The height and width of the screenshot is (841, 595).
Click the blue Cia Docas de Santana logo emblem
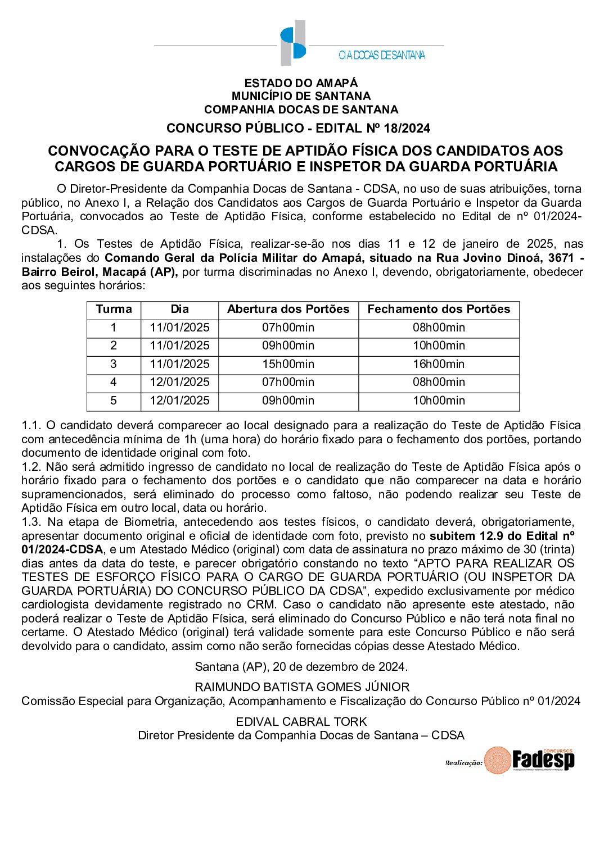point(293,43)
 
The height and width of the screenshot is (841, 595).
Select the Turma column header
point(114,310)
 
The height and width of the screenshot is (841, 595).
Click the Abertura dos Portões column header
point(288,310)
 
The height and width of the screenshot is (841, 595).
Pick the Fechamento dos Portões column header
point(439,310)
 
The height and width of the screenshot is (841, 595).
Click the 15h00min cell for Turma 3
point(288,364)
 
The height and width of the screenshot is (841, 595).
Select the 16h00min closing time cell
point(439,364)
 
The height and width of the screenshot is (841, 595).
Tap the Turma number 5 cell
point(114,401)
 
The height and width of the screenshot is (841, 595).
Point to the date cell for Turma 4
point(179,383)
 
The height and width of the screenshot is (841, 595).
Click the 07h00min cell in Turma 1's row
point(288,328)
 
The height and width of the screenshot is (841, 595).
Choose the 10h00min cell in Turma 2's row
point(439,346)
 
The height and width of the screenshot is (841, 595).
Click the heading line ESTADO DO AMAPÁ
point(301,83)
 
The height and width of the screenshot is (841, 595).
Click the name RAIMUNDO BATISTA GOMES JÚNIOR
point(302,687)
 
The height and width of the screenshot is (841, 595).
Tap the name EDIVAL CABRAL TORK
point(301,722)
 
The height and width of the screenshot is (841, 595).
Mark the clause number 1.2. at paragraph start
point(31,467)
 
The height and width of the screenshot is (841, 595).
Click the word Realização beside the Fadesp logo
point(463,763)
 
